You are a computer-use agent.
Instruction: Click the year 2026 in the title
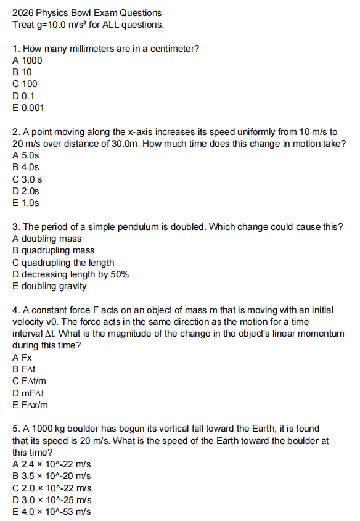pyautogui.click(x=23, y=13)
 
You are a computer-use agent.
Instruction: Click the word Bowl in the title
pyautogui.click(x=80, y=13)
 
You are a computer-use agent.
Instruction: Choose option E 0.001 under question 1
pyautogui.click(x=28, y=108)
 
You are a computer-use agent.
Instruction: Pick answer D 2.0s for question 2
pyautogui.click(x=26, y=191)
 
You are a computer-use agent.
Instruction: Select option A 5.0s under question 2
pyautogui.click(x=26, y=155)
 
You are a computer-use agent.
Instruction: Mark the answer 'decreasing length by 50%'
pyautogui.click(x=70, y=274)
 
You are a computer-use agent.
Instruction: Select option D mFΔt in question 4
pyautogui.click(x=28, y=393)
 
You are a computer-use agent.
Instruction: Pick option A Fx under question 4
pyautogui.click(x=22, y=358)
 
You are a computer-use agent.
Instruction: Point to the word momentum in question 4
pyautogui.click(x=323, y=334)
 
